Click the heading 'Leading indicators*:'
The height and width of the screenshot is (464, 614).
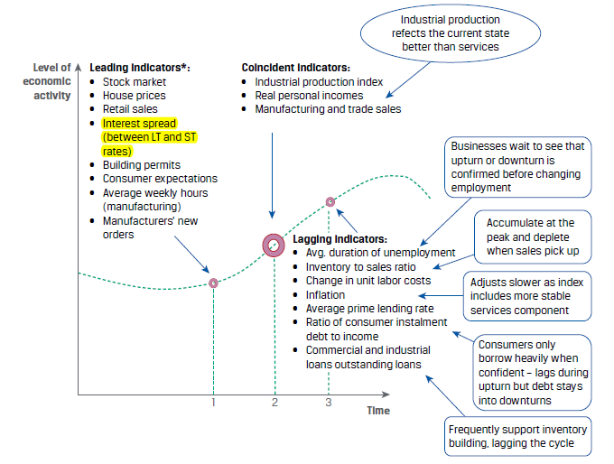click(x=140, y=69)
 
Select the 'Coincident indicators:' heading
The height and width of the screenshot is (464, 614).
click(x=295, y=69)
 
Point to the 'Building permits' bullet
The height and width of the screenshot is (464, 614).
click(x=141, y=165)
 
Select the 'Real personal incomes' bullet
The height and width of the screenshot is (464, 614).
click(x=309, y=96)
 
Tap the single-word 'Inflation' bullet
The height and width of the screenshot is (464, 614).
click(x=325, y=294)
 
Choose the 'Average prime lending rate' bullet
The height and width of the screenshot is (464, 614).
click(x=362, y=308)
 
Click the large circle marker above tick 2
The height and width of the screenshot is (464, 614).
click(x=274, y=244)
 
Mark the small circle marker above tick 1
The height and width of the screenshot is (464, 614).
click(x=214, y=283)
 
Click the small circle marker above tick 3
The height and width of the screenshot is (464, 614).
click(x=330, y=202)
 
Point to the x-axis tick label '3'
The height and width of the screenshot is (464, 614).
click(x=329, y=403)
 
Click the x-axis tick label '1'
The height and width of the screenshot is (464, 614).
click(x=213, y=403)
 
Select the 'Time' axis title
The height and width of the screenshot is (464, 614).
click(x=378, y=411)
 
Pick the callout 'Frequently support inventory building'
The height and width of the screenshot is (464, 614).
click(x=517, y=437)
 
